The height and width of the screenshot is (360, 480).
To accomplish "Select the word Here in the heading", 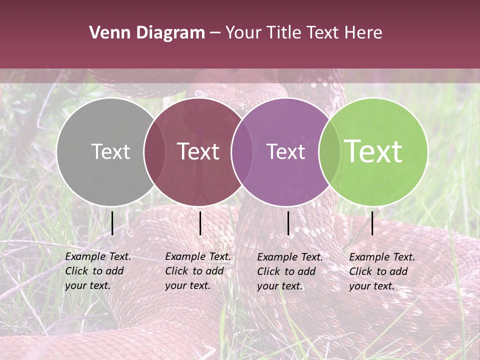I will point(364,33).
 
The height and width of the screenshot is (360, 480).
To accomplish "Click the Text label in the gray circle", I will point(110,151).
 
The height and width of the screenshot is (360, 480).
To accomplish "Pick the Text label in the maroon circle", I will point(198,151).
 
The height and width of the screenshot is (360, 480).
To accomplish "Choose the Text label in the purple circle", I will point(285,151).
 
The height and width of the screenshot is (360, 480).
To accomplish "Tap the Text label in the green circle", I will point(373,151).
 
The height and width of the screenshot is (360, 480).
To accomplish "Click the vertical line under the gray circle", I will point(112,223).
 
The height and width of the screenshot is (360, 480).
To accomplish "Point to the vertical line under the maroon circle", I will point(200,223).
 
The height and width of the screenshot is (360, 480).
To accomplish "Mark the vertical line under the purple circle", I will point(288,223).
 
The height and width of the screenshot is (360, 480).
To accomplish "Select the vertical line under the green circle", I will point(372,223).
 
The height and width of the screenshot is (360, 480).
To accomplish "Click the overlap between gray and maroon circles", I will point(154,152).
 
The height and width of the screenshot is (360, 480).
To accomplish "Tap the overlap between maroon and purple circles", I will point(242,152).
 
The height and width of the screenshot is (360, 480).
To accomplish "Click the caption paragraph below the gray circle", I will point(97,271).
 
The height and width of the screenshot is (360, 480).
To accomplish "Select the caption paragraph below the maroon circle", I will point(197,271).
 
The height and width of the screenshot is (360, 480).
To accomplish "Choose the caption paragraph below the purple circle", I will point(289,271).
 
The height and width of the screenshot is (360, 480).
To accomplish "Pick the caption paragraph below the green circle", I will point(381,271).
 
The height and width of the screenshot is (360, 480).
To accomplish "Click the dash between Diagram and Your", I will point(215,33).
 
